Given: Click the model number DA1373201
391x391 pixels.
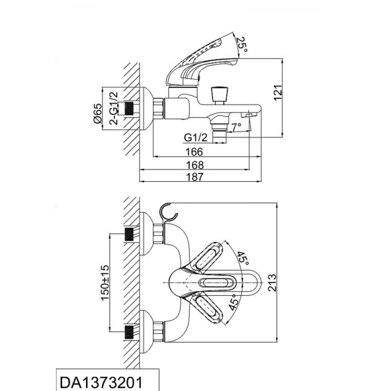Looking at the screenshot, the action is coord(101,383).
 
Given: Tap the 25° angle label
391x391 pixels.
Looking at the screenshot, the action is coord(241,44).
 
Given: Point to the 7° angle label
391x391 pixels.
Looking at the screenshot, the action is coord(237,127).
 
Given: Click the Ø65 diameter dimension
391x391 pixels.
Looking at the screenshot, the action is coord(98,113).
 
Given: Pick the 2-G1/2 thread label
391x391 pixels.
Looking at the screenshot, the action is coord(113,108).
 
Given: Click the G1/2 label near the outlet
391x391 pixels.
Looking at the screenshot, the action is coord(196,137).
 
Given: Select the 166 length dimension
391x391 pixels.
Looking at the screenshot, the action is coord(195,152).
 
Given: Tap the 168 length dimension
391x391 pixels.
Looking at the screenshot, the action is coord(195,165).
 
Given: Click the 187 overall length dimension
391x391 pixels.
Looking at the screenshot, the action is coord(195,177).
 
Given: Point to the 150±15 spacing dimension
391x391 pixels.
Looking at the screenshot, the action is coord(105,282).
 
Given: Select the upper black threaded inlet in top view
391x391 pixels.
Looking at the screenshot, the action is coord(129,235).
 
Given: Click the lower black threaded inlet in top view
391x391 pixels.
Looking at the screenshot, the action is coord(129,332).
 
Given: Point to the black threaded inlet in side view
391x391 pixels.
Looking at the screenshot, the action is coord(129,109).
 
